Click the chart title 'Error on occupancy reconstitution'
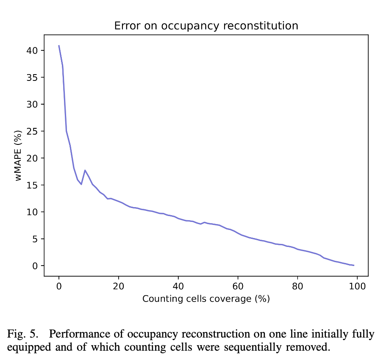click(206, 26)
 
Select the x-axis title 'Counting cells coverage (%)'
click(206, 299)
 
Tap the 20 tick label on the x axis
click(119, 285)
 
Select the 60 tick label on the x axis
click(238, 285)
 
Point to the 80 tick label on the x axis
click(298, 285)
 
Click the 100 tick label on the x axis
click(357, 285)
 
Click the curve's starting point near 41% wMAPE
click(59, 45)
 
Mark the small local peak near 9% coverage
click(85, 170)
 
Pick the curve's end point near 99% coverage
click(354, 265)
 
